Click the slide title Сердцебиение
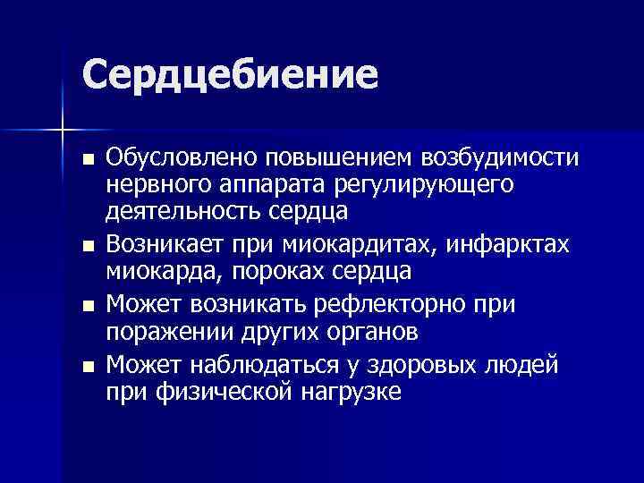[229, 74]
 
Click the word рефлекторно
[411, 304]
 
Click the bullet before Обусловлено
[86, 159]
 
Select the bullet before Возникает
[86, 244]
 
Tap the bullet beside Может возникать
[86, 305]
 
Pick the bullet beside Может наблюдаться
[86, 365]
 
